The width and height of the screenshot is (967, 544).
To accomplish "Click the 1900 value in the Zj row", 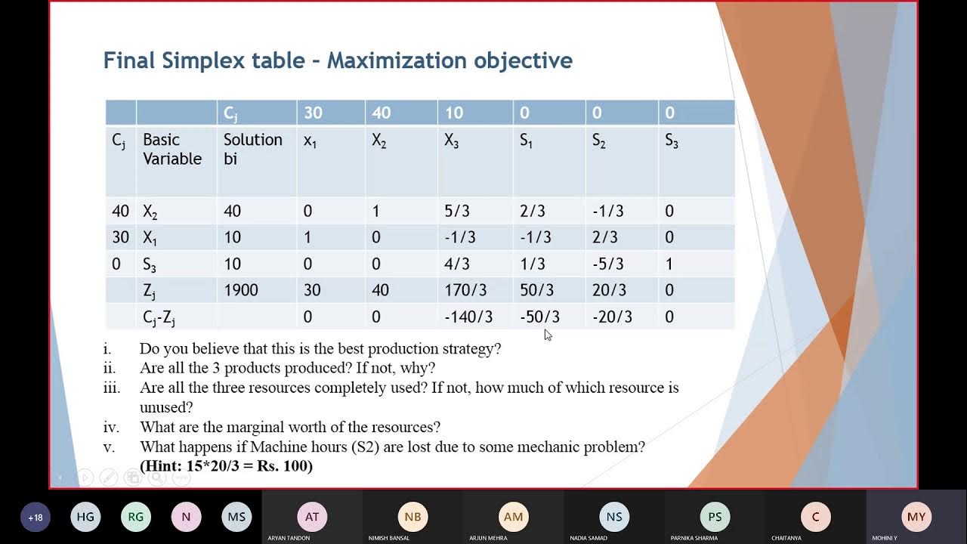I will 241,290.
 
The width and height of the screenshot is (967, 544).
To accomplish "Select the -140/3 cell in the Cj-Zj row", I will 468,317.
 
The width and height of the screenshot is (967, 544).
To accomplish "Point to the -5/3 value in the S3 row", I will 608,264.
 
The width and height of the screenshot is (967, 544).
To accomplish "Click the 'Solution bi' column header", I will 252,149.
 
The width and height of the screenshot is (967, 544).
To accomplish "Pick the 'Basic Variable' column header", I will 172,149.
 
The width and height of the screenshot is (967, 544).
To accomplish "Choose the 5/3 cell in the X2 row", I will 457,212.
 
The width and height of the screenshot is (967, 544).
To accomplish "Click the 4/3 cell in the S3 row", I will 457,264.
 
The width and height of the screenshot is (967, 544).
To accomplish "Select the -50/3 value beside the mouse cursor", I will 539,317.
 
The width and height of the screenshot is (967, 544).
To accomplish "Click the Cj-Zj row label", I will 159,318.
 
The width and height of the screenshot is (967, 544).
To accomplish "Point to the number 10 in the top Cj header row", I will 454,113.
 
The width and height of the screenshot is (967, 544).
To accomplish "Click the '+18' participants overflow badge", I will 36,518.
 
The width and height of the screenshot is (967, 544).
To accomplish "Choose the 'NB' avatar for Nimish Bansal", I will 412,517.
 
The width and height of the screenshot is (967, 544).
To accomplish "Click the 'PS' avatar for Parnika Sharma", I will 715,517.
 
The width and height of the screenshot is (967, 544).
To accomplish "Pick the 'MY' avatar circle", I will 916,517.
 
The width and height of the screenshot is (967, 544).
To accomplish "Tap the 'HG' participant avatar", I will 85,518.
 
